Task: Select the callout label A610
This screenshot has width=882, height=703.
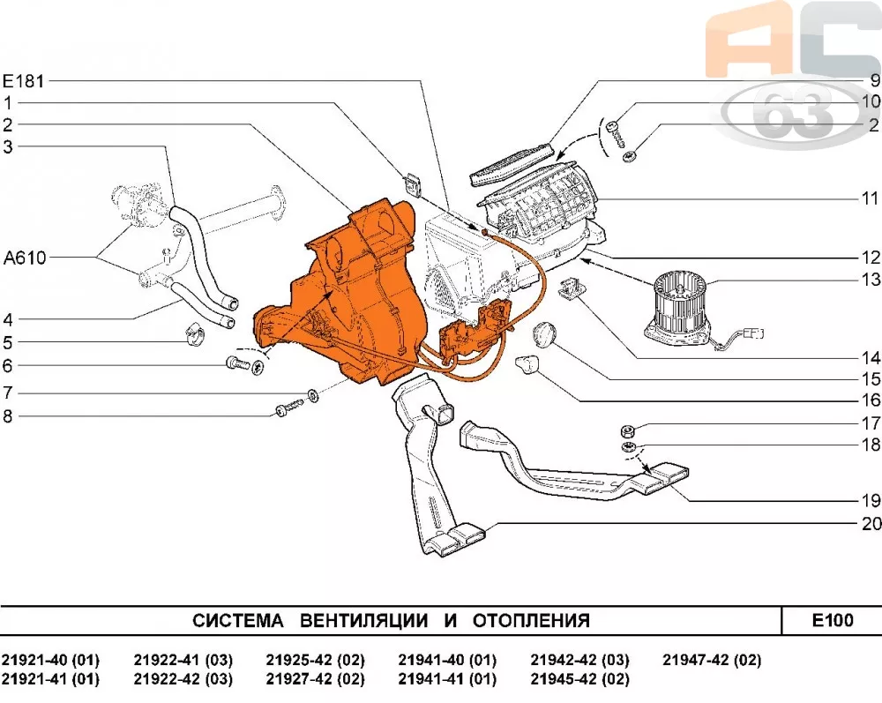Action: (24, 258)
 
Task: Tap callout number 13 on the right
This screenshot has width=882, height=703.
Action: (871, 280)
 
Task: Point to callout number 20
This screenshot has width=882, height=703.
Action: (871, 524)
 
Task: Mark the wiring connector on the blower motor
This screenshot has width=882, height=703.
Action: (752, 333)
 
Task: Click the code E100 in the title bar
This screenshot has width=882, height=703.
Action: (832, 621)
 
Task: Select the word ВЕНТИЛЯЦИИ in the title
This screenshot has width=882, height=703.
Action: (364, 621)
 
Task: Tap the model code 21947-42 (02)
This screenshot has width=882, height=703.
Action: (712, 660)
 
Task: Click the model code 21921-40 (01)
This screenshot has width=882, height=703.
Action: (50, 660)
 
